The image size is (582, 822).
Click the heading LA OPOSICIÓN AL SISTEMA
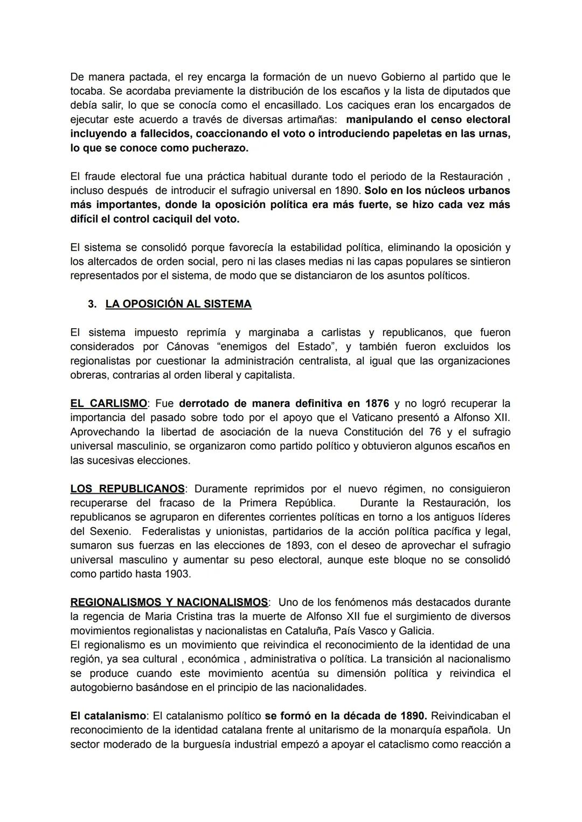coord(178,304)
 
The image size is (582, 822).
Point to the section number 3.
coord(92,304)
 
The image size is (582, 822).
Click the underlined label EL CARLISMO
coord(108,403)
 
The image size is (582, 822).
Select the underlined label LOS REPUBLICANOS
coord(127,489)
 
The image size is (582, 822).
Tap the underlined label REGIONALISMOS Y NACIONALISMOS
coord(169,602)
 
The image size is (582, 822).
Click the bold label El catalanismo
coord(108,716)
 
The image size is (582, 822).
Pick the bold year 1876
coord(377,403)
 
